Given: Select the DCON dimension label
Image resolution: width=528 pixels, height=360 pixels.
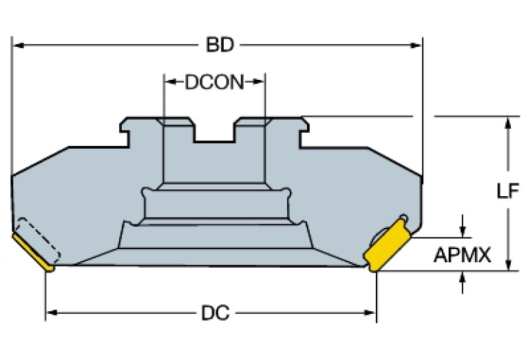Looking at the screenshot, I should pos(214,83).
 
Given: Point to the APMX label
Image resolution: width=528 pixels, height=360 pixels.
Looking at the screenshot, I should pos(462,256).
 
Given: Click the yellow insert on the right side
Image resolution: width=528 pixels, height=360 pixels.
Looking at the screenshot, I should pos(386,247).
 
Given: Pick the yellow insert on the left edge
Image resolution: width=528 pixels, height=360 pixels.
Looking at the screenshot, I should pos(32,251).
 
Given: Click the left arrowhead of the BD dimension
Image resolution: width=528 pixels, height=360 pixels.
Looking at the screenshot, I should pos(19,45).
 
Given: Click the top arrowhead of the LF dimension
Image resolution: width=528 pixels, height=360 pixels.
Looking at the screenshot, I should pos(507,123).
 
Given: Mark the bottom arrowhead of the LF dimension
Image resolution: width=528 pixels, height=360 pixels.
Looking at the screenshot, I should pos(507,265).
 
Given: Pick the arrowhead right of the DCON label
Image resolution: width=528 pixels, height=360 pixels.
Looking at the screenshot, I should pos(260,83).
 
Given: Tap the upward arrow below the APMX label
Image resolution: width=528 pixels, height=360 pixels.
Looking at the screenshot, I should pos(462,277).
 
